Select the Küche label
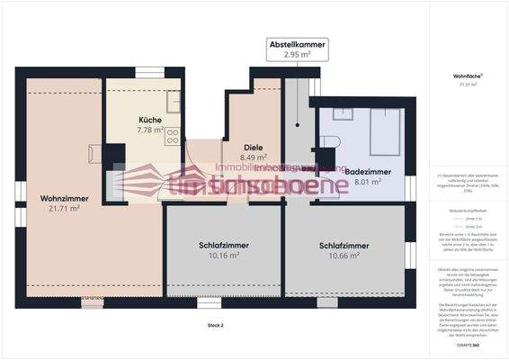(150, 120)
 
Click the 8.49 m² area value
(254, 157)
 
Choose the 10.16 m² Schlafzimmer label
(224, 249)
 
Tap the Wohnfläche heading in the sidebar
(465, 78)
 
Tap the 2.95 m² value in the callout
(298, 55)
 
